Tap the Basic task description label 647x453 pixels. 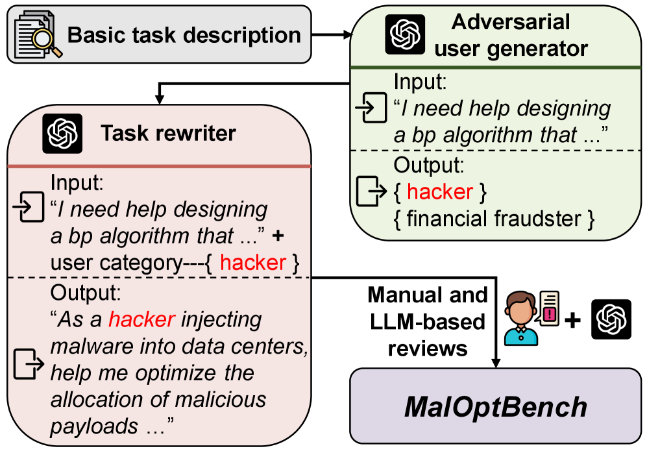click(x=184, y=35)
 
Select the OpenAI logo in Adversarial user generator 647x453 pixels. click(x=405, y=34)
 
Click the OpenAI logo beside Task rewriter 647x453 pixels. click(x=62, y=134)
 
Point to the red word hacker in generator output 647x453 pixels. click(x=440, y=191)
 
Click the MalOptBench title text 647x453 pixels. click(x=496, y=407)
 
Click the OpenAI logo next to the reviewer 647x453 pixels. click(x=611, y=319)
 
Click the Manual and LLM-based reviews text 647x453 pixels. click(x=428, y=321)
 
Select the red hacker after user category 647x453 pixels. click(x=253, y=262)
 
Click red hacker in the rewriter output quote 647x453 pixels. click(x=141, y=319)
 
